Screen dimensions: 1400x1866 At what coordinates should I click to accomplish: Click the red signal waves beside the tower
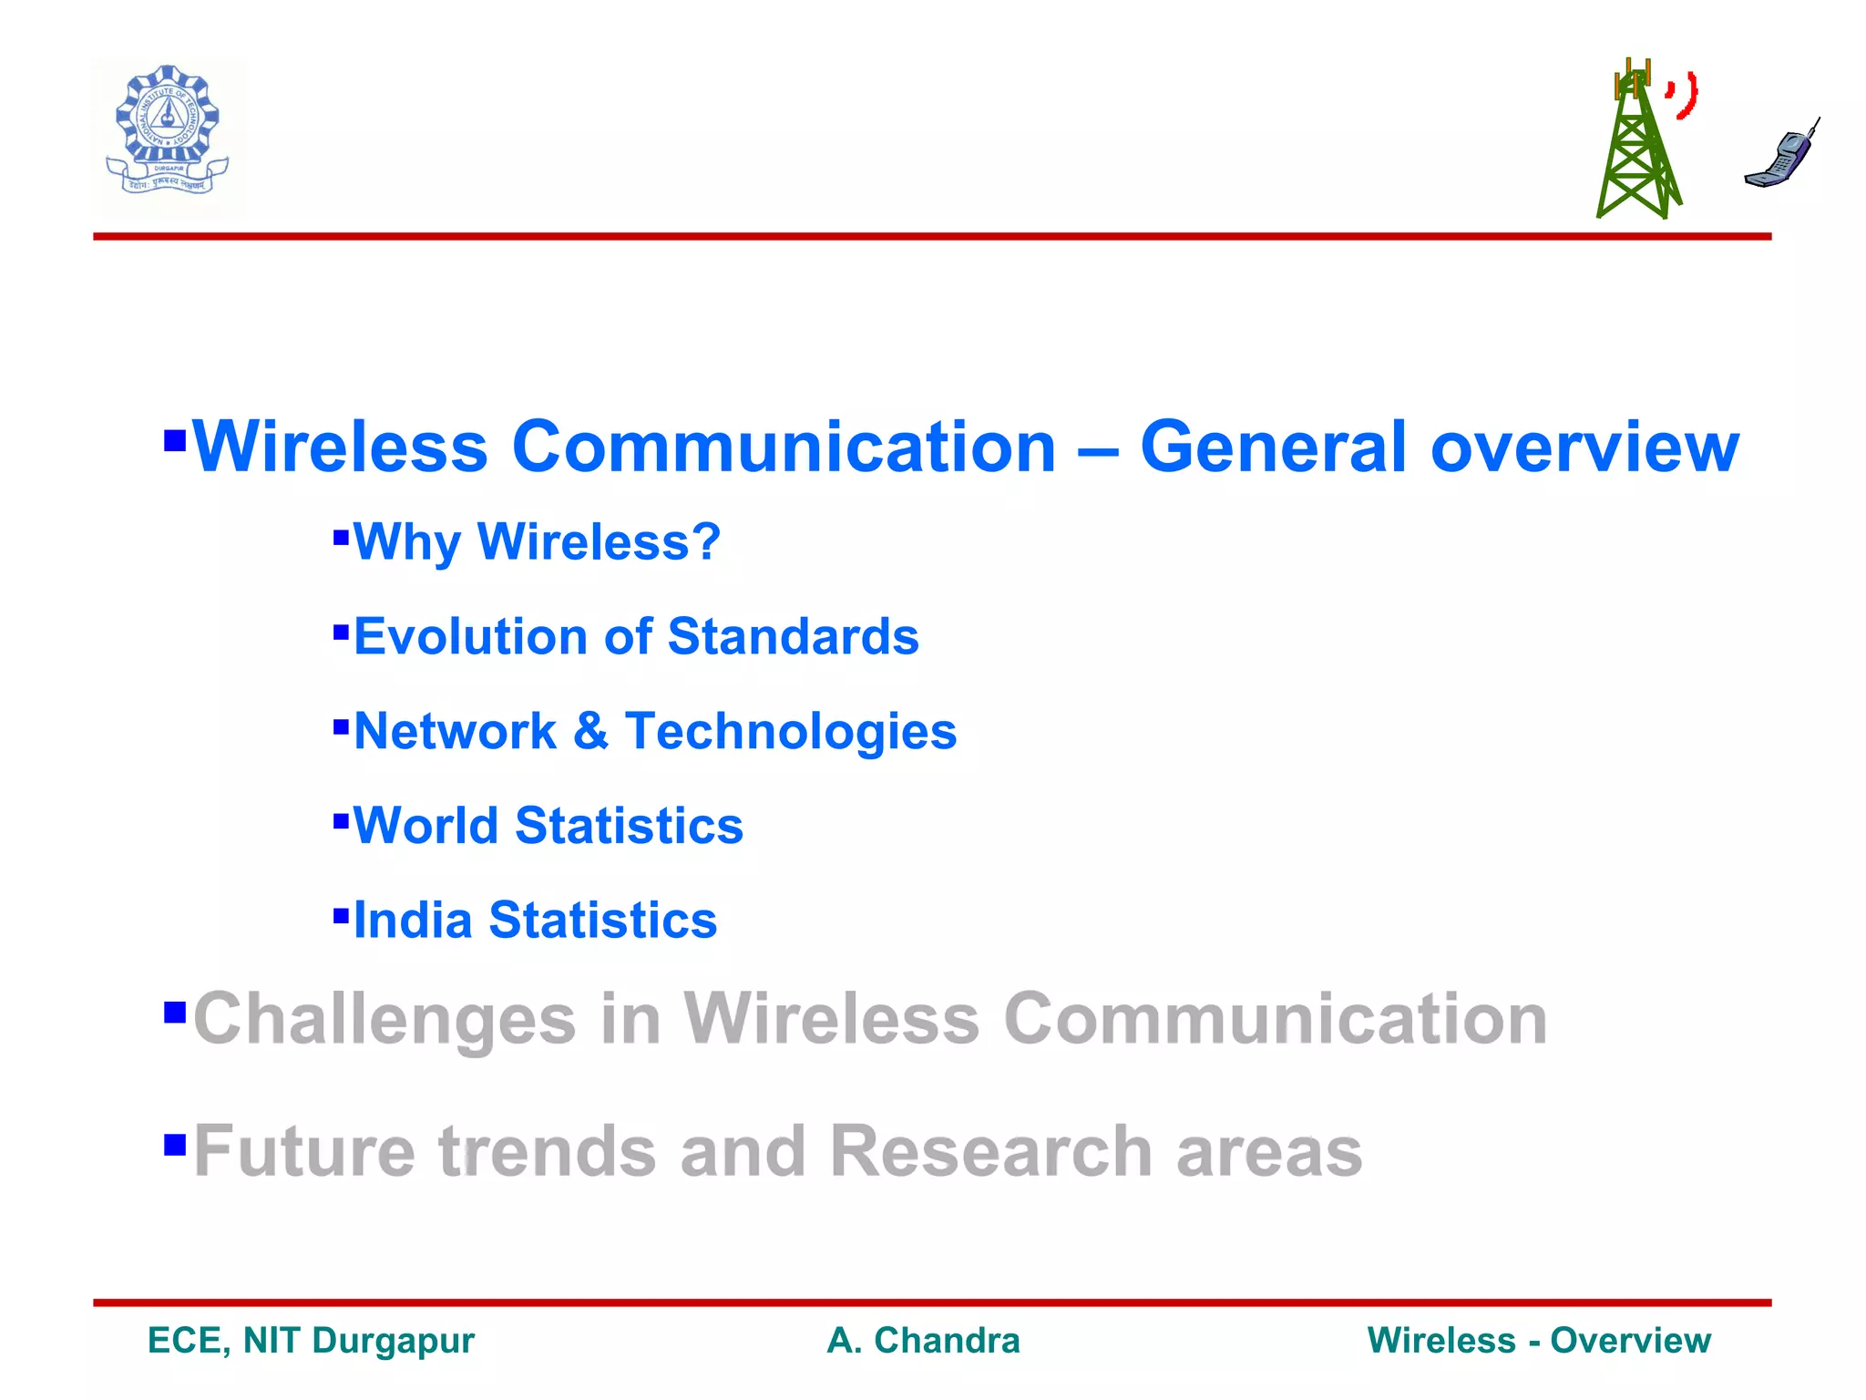(1684, 96)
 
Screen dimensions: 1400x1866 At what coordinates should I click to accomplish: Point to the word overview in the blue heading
(1584, 448)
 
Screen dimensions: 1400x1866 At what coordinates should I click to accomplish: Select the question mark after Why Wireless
(705, 541)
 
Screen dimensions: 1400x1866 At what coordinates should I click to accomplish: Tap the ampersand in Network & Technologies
(590, 731)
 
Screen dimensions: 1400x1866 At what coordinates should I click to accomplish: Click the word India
(412, 920)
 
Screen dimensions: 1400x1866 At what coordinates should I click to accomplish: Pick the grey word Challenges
(384, 1019)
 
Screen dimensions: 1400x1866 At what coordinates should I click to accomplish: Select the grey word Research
(990, 1151)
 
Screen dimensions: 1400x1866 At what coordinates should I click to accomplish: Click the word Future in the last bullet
(304, 1151)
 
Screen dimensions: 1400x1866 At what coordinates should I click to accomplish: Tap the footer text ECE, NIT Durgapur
(311, 1341)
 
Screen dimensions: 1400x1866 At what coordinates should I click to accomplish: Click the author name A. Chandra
(923, 1341)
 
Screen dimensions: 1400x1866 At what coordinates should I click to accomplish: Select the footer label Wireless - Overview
(1538, 1341)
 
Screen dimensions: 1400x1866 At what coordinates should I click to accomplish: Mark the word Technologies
(790, 731)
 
